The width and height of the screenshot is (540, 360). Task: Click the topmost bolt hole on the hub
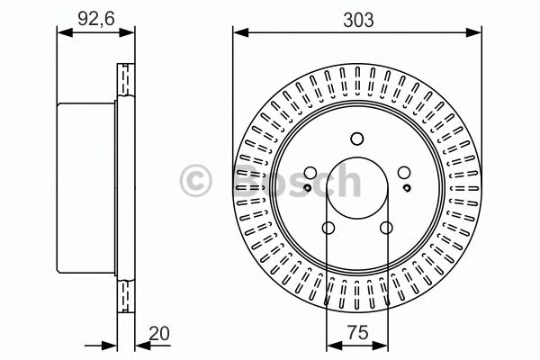click(355, 138)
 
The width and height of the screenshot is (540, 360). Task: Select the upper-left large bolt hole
click(309, 174)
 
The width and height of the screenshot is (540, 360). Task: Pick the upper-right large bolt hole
click(403, 174)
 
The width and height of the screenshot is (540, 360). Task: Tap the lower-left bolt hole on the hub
click(327, 228)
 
